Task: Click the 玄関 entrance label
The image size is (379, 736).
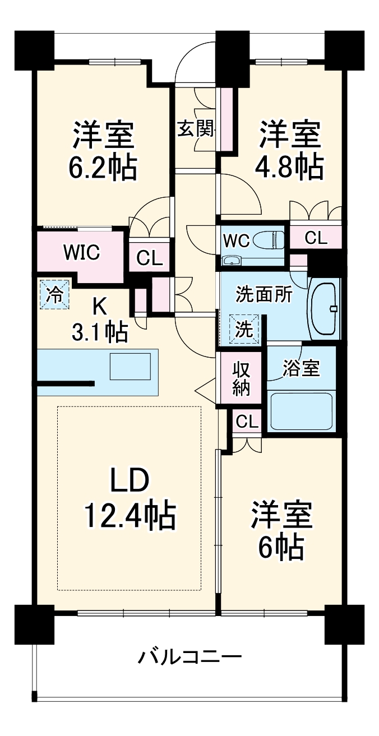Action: click(x=196, y=128)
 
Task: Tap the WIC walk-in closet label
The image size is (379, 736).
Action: click(x=81, y=253)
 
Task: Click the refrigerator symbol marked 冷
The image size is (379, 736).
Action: click(x=55, y=294)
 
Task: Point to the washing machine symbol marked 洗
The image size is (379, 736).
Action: click(x=244, y=330)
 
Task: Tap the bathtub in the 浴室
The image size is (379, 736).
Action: click(x=300, y=411)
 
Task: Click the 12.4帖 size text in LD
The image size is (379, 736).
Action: click(x=131, y=516)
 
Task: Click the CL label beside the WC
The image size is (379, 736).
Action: click(x=316, y=238)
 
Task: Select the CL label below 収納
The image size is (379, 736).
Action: click(x=247, y=422)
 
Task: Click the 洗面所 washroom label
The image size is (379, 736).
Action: click(x=264, y=295)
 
